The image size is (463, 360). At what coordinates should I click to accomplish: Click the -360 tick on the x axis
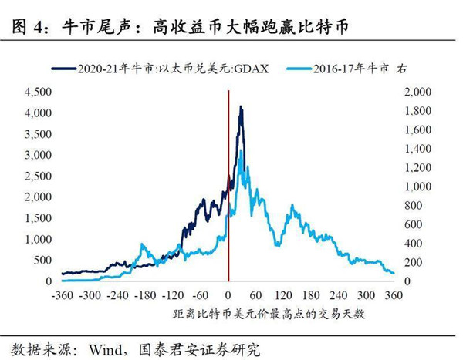tap(61, 295)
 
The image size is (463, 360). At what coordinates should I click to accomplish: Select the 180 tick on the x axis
tap(312, 295)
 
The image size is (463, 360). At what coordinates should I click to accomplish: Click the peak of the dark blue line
tap(242, 108)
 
